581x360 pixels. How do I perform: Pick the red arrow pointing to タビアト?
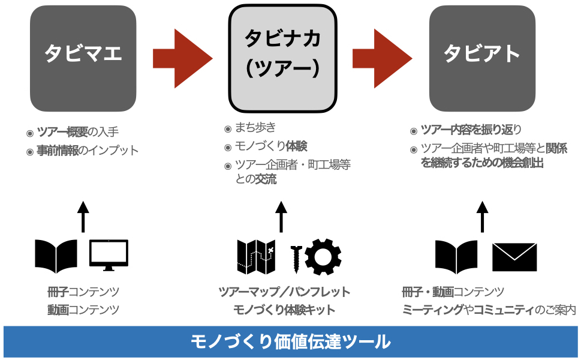382,58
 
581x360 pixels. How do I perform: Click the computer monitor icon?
109,254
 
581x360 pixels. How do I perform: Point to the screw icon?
296,257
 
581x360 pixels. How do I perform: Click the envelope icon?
514,256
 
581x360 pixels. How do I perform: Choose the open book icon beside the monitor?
56,256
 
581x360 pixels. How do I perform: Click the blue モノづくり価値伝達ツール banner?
290,342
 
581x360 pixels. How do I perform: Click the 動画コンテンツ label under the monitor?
83,310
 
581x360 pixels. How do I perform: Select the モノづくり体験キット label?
284,310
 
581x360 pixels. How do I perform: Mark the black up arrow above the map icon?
281,216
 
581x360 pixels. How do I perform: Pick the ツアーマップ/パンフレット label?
284,292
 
